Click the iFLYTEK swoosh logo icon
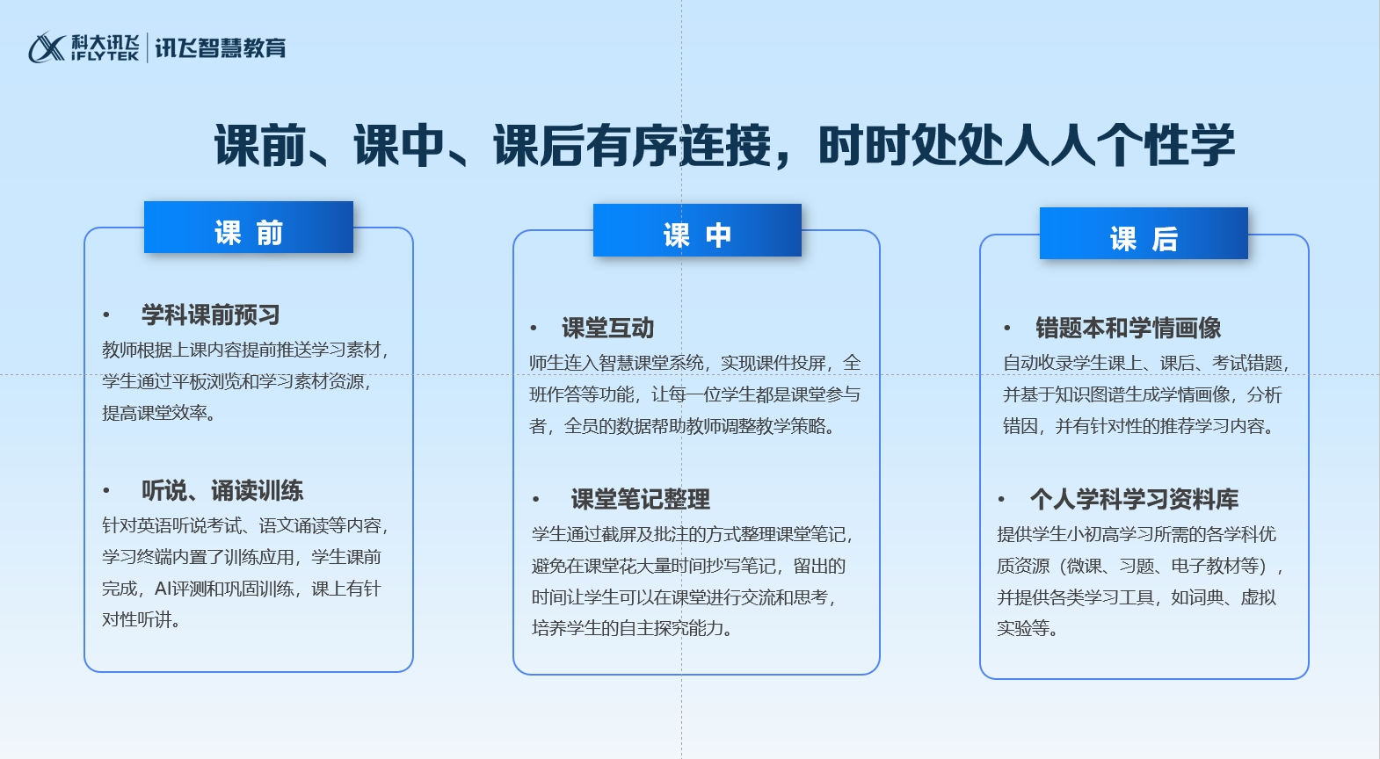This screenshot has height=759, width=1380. [47, 47]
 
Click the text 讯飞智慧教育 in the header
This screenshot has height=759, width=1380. [220, 48]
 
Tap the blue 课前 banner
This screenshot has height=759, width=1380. [249, 228]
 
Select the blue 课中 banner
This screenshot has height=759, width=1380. [697, 230]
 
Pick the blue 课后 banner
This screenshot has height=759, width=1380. [1144, 234]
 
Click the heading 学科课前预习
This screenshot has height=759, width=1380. [211, 314]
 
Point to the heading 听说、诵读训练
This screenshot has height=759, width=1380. [222, 490]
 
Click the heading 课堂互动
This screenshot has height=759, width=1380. [608, 328]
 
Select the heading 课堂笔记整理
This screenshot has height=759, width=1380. [641, 499]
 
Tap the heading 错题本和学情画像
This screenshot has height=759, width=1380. [1128, 328]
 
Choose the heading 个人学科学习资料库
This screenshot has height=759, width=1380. [1134, 499]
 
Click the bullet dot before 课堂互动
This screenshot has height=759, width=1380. [534, 328]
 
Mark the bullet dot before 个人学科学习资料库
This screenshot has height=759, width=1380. [1001, 499]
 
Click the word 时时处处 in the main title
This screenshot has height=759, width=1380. [911, 146]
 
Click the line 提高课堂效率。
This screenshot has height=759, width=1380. [159, 413]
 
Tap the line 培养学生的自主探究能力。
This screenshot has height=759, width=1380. [632, 628]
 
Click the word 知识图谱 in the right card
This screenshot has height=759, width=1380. [1090, 394]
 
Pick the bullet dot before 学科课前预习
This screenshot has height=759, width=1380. [106, 314]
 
